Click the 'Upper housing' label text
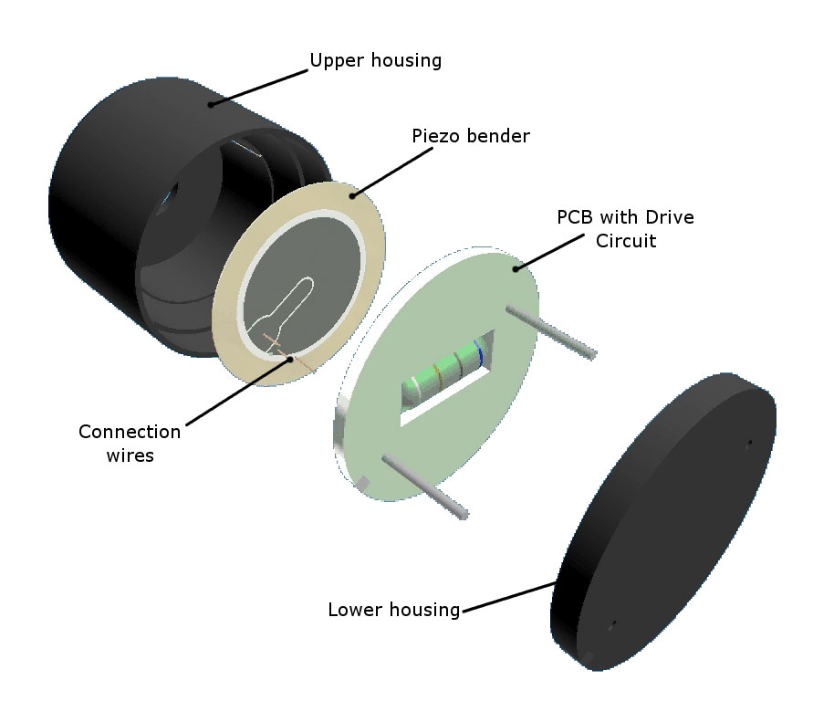375,60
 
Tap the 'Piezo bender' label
471,136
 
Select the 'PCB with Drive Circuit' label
625,229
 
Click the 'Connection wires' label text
130,443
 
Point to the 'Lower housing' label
394,610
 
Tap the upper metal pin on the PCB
551,331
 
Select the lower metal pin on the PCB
425,486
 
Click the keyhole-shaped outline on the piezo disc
284,311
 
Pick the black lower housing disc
662,521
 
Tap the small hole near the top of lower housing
749,444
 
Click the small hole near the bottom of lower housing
612,625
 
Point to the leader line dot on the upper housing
211,104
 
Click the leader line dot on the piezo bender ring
352,195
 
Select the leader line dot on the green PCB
516,268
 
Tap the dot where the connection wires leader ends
290,358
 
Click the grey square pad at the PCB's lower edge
363,483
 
